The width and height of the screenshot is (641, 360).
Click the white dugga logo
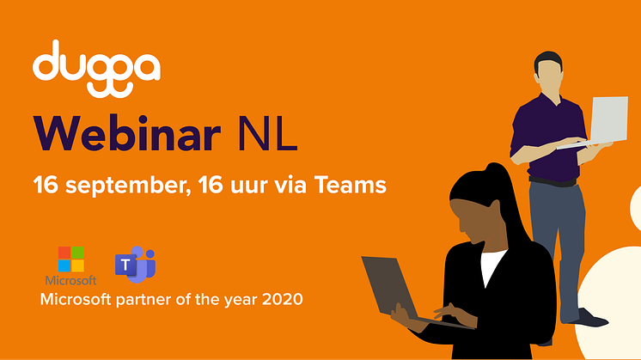pos(96,69)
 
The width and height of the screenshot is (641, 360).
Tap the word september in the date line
pos(127,186)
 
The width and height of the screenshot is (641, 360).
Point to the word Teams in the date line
pos(350,184)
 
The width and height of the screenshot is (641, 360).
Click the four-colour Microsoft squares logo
pos(71,259)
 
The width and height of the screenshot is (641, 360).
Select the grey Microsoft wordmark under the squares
pos(70,280)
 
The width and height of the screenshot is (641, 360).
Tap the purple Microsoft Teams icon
pos(135,265)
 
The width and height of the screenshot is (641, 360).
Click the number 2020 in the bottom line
pos(283,299)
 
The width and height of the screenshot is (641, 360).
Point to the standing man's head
pos(548,73)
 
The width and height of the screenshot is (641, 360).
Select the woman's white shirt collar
pos(491,266)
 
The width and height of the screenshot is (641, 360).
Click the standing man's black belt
pos(552,181)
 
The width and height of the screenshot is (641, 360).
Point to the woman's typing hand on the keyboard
pos(452,314)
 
